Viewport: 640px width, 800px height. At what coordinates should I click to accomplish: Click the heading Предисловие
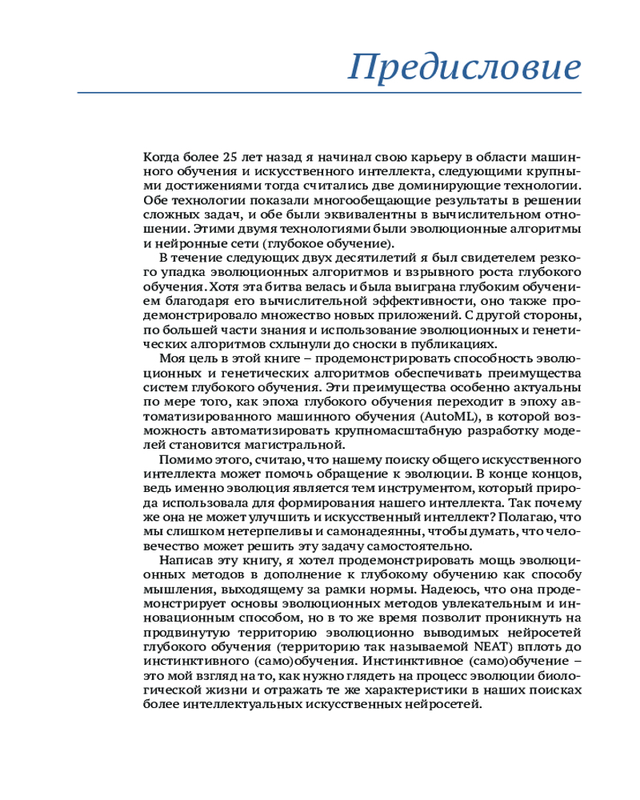click(x=464, y=66)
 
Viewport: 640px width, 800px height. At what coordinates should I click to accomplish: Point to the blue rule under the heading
click(x=329, y=93)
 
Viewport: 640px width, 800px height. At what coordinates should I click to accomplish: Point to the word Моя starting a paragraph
click(x=174, y=359)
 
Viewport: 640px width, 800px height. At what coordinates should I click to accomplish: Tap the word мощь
click(x=465, y=563)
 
